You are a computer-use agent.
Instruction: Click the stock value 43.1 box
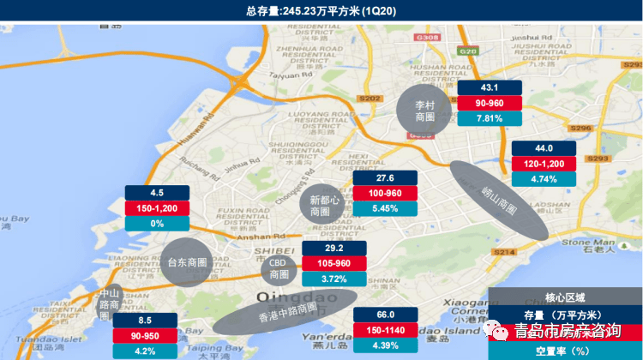(490, 88)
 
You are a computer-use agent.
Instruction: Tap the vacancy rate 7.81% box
(490, 118)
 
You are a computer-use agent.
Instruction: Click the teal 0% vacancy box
(157, 223)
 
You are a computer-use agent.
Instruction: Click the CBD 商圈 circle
(279, 269)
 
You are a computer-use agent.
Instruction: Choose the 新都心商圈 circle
(320, 205)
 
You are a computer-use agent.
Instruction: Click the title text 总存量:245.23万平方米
(321, 9)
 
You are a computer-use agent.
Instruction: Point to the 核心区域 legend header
(565, 297)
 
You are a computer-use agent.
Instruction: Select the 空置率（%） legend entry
(565, 350)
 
